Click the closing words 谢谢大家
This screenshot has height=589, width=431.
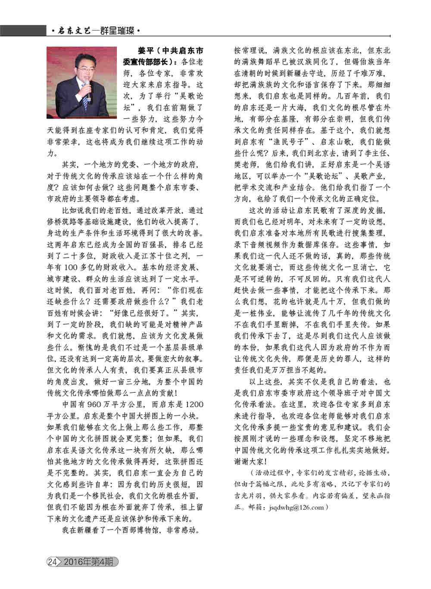tap(248, 461)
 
